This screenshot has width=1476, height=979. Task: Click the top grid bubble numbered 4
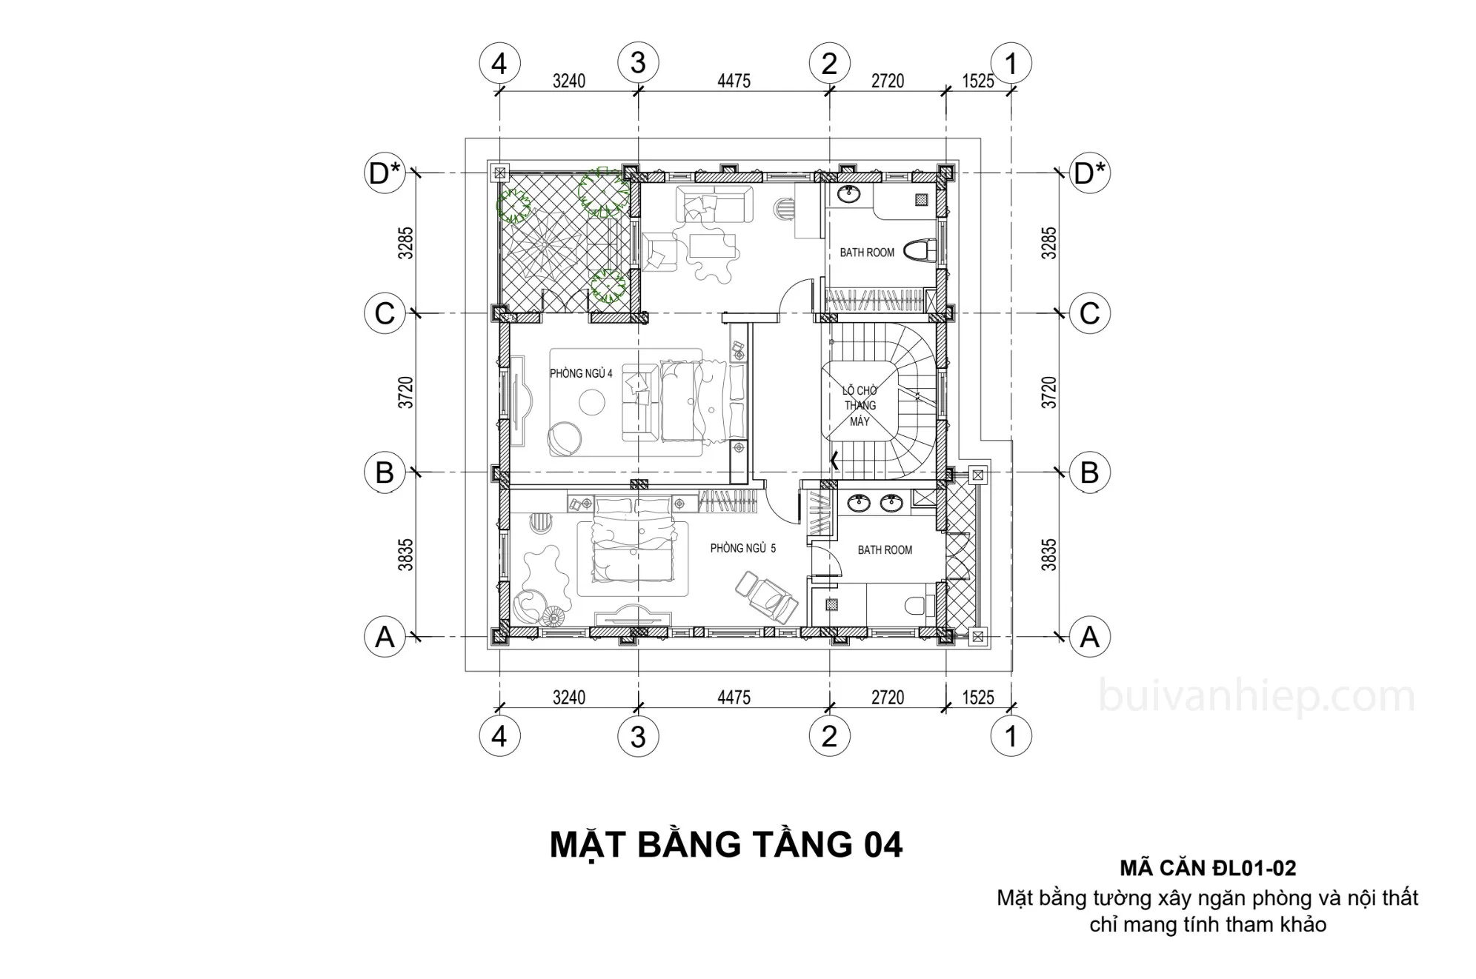coord(499,63)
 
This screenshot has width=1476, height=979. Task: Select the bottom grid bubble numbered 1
coord(1011,736)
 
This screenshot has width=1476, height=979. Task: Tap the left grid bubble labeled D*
coord(385,173)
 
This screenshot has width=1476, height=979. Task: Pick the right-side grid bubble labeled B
coord(1089,472)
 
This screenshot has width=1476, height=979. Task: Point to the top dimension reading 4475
coord(734,81)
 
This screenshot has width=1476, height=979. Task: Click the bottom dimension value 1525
coord(978,698)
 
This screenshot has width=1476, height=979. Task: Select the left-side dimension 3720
coord(405,392)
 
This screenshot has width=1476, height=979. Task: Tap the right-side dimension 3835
coord(1048,554)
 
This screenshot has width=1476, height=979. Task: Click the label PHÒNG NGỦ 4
coord(581,373)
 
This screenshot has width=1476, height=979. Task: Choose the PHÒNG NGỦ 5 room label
coord(743,549)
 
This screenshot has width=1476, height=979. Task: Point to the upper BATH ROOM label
coord(867,253)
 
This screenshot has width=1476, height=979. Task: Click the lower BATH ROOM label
coord(885,550)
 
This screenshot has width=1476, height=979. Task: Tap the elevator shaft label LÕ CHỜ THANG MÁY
coord(860,406)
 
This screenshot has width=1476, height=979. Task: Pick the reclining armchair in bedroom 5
coord(766,596)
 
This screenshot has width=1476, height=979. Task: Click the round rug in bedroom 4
coord(592,403)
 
